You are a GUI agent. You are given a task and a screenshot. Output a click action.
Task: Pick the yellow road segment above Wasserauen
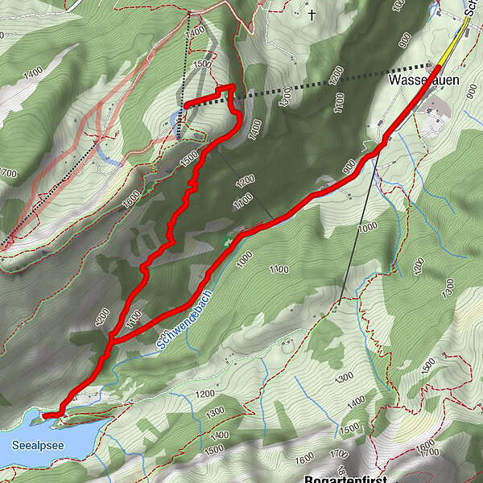click(456, 37)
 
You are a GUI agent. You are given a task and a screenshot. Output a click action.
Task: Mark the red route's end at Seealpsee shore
click(45, 415)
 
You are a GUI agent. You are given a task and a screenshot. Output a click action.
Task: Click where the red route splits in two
click(110, 342)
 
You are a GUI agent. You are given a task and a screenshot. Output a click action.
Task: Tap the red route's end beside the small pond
click(186, 105)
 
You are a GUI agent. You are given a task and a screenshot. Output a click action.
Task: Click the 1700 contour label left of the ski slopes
click(10, 172)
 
